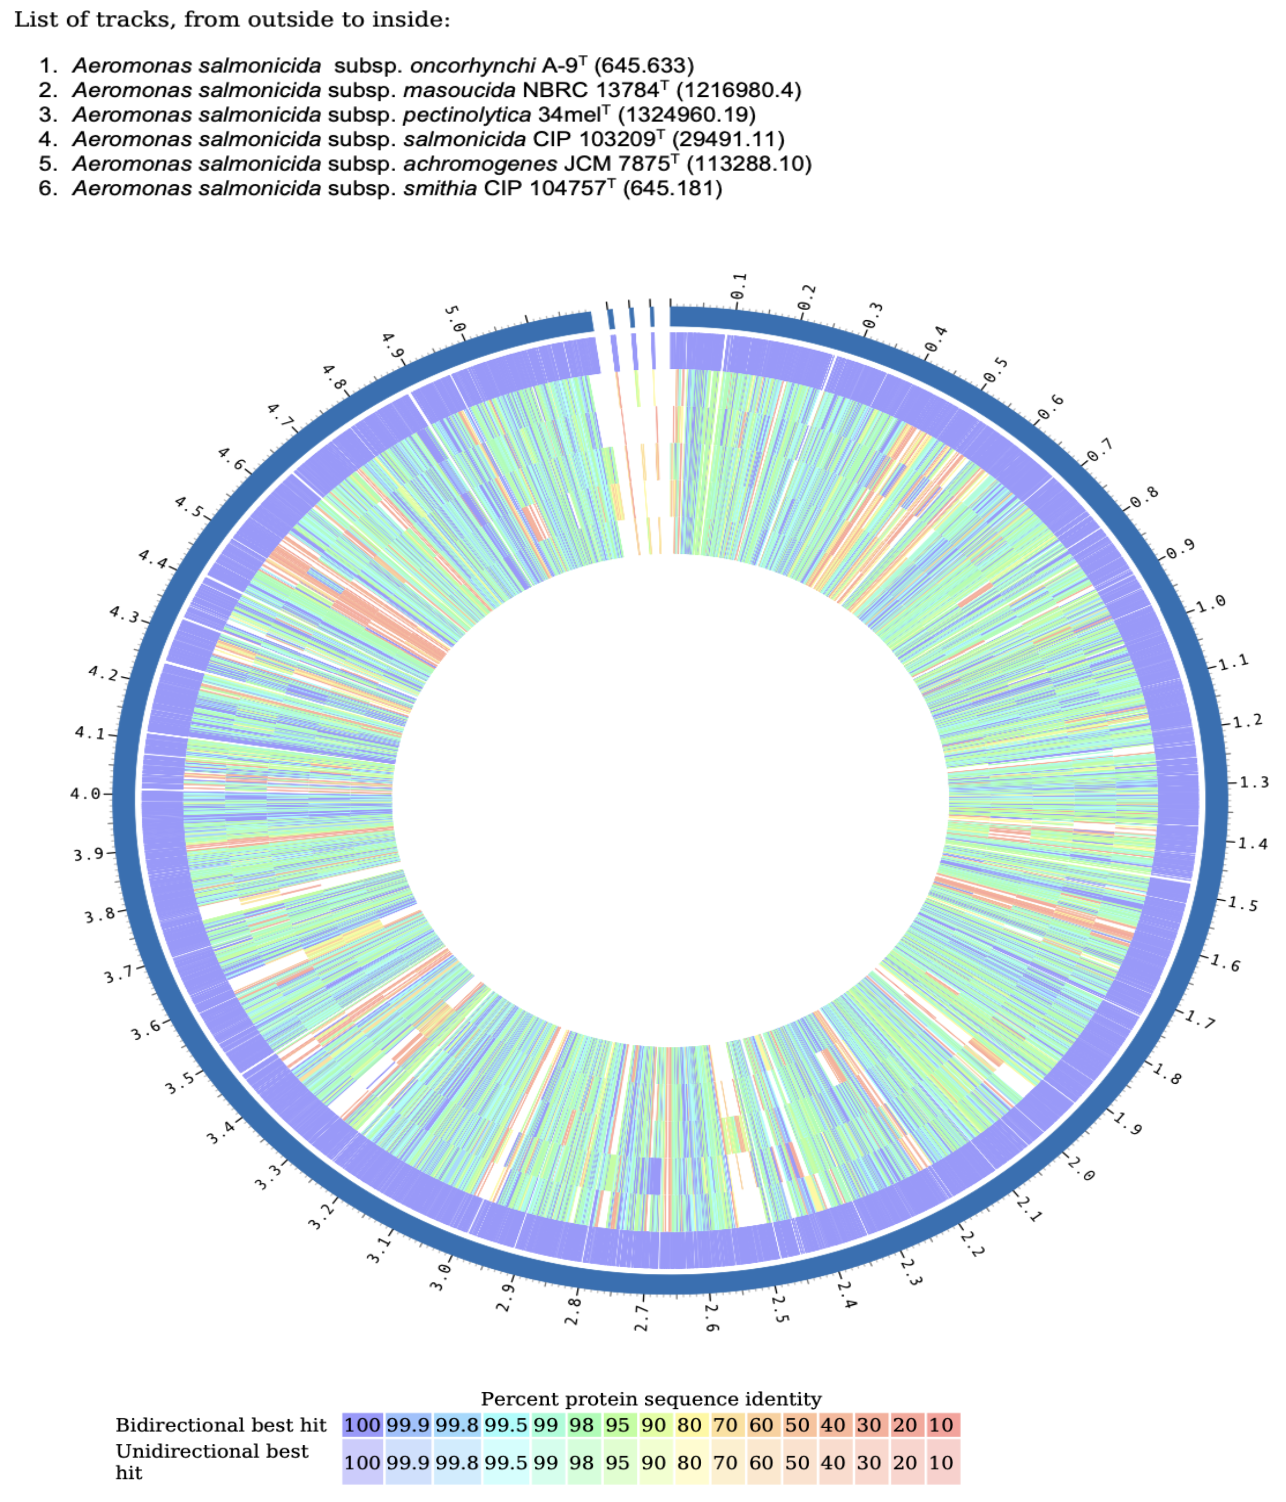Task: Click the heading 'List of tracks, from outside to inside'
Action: coord(232,20)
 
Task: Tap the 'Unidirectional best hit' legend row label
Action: coord(212,1462)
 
